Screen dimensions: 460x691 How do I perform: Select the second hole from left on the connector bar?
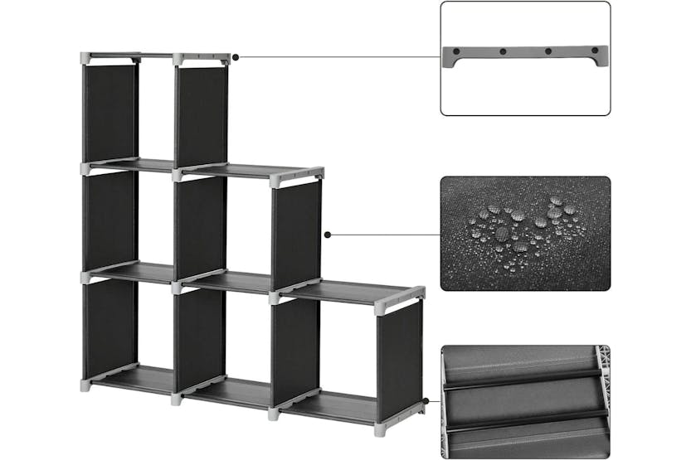point(503,51)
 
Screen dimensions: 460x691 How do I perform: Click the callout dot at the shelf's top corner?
point(236,57)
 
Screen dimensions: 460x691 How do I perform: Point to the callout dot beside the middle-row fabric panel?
point(328,235)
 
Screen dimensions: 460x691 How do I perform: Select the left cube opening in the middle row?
point(156,217)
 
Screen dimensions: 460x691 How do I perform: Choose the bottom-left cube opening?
point(156,327)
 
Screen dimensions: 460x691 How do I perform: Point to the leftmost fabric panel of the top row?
point(109,112)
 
